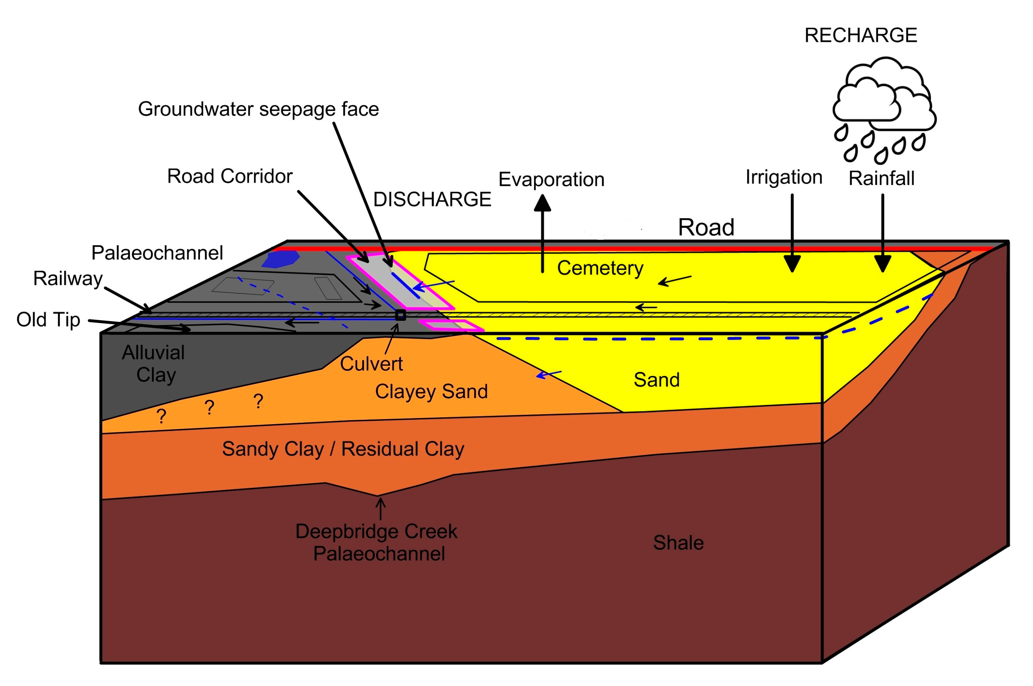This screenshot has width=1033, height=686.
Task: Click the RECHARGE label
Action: tap(860, 36)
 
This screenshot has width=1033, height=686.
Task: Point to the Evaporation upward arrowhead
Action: tap(542, 204)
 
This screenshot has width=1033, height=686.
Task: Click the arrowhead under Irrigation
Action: tap(792, 263)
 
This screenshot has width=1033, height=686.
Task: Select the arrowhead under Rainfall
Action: tap(882, 263)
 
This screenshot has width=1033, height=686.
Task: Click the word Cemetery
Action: tap(600, 268)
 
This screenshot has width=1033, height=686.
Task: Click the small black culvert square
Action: tap(400, 315)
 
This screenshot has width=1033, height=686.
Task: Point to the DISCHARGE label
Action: tap(432, 200)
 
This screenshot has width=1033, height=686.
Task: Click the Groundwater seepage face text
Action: tap(258, 109)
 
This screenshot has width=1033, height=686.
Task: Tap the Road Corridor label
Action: tap(229, 176)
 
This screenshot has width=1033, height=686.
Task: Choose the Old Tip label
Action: tap(48, 320)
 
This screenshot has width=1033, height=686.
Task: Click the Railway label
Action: tap(68, 279)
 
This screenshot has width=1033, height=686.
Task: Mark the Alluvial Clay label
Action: tap(154, 363)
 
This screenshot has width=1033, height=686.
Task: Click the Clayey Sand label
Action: tap(431, 391)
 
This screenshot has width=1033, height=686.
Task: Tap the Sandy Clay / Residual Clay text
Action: tap(342, 449)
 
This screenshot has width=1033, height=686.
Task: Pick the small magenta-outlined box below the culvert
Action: tap(450, 325)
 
